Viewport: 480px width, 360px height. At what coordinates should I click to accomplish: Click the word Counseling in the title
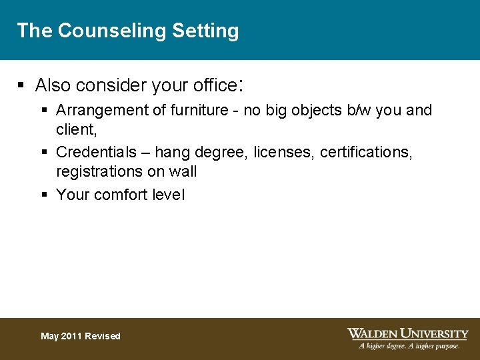[x=111, y=31]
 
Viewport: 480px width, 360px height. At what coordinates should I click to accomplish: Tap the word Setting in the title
[x=205, y=31]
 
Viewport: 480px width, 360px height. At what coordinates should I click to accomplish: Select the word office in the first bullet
[x=213, y=85]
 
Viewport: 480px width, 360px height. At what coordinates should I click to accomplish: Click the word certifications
[x=366, y=153]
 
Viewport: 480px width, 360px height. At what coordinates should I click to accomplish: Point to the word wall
[x=183, y=171]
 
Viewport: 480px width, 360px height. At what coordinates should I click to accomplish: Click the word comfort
[x=121, y=195]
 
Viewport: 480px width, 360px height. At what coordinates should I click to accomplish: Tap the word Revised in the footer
[x=103, y=336]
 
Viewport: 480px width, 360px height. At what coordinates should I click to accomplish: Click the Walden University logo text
[x=407, y=333]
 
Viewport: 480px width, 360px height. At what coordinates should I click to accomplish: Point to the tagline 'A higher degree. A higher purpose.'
[x=409, y=346]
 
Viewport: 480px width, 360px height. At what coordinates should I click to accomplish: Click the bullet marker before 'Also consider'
[x=21, y=85]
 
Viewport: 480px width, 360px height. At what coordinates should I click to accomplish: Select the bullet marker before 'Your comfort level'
[x=44, y=195]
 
